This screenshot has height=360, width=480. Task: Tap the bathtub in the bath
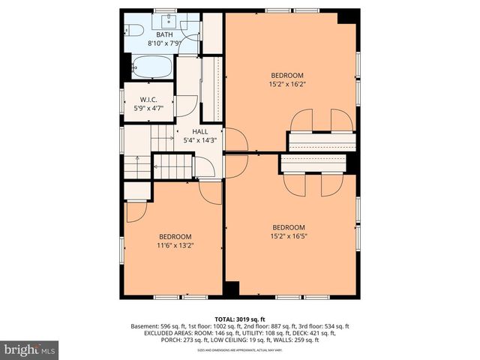pyautogui.click(x=152, y=68)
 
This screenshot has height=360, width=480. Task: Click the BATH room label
pyautogui.click(x=164, y=34)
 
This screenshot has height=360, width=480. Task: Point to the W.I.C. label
pyautogui.click(x=148, y=100)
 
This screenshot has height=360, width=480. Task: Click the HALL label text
pyautogui.click(x=200, y=131)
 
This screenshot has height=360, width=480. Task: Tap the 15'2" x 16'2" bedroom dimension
pyautogui.click(x=288, y=84)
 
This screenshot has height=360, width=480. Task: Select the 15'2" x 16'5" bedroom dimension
pyautogui.click(x=289, y=236)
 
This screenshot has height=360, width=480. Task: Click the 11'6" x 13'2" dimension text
pyautogui.click(x=174, y=244)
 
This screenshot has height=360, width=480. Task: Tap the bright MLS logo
pyautogui.click(x=30, y=349)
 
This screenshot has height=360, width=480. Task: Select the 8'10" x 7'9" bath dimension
pyautogui.click(x=164, y=43)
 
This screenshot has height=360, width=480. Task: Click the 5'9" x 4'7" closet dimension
pyautogui.click(x=148, y=109)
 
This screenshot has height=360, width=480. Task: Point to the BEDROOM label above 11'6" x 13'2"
pyautogui.click(x=174, y=235)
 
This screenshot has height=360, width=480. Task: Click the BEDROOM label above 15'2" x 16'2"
pyautogui.click(x=288, y=75)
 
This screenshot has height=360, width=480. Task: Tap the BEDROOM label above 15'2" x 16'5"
pyautogui.click(x=289, y=227)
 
